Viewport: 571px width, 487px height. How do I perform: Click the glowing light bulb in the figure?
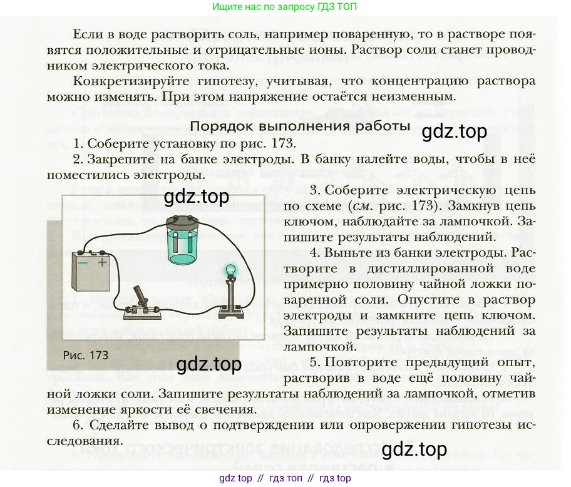[230, 270]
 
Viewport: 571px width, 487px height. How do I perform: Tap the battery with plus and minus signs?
[90, 270]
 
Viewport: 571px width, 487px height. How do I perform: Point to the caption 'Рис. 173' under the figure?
[86, 355]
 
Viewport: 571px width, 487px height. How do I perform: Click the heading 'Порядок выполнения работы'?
[299, 126]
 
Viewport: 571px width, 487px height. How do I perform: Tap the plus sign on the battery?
[102, 263]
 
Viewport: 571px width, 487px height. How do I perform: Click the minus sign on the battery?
[81, 263]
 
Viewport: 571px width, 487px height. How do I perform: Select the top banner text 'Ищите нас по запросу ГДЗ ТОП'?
[285, 7]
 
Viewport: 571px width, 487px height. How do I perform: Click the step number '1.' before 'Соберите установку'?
[78, 143]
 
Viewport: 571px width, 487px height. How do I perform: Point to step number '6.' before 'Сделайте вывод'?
[78, 425]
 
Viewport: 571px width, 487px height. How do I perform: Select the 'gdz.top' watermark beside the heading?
[454, 132]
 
